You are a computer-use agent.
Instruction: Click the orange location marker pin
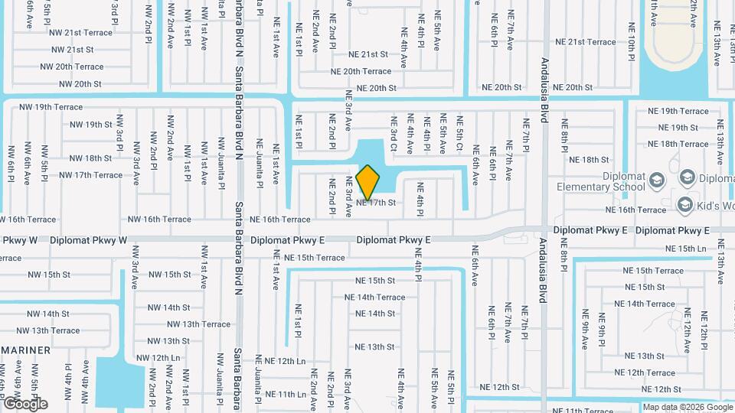tap(368, 183)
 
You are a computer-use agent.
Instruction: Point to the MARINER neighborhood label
tap(25, 350)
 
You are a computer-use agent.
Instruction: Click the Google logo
tap(25, 404)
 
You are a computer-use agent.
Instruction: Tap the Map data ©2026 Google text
tap(687, 407)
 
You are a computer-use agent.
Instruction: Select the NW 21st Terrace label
tap(80, 33)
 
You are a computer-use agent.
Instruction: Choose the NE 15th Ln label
tap(685, 249)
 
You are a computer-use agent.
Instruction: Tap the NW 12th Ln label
tap(158, 358)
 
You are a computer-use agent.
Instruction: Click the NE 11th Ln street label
tap(286, 395)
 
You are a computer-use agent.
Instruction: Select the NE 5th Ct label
tap(460, 132)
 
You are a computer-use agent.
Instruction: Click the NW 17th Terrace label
tap(85, 175)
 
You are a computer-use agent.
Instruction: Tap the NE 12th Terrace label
tap(655, 372)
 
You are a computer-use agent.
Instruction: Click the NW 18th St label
tap(90, 158)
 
